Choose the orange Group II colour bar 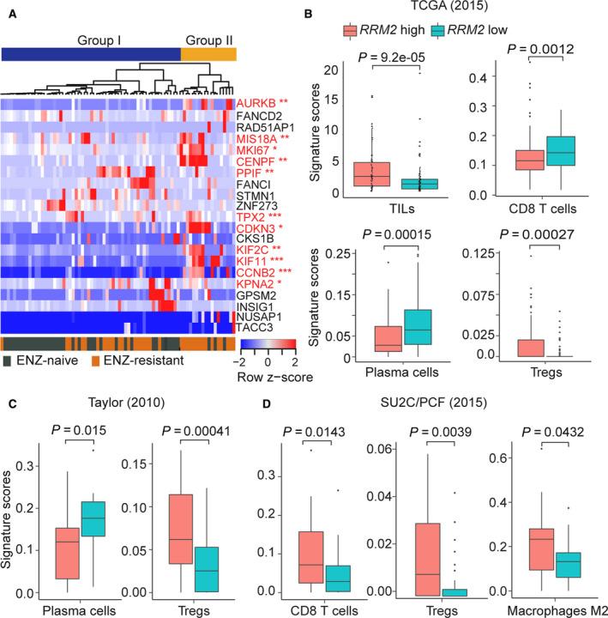tap(208, 53)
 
